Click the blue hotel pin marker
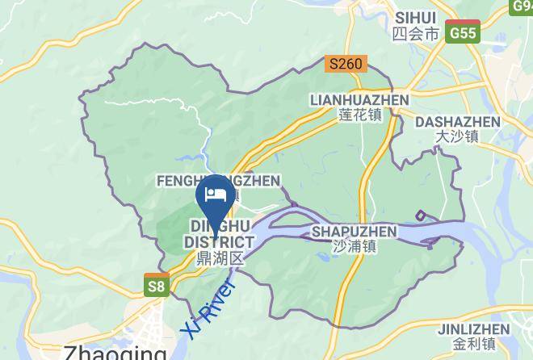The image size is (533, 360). pyautogui.click(x=216, y=196)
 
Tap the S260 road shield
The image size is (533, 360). pyautogui.click(x=347, y=64)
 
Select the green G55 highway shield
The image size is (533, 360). pyautogui.click(x=464, y=33)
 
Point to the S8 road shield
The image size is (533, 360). pyautogui.click(x=157, y=285)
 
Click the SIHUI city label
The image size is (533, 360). pyautogui.click(x=416, y=17)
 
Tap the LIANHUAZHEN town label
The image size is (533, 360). pyautogui.click(x=359, y=99)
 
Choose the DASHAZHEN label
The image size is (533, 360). pyautogui.click(x=456, y=122)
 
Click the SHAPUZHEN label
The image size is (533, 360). pyautogui.click(x=354, y=232)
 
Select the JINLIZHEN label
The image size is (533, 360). pyautogui.click(x=473, y=329)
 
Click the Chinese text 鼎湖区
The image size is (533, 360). pyautogui.click(x=220, y=258)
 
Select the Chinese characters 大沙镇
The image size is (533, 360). pyautogui.click(x=456, y=137)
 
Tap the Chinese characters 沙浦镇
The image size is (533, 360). pyautogui.click(x=354, y=247)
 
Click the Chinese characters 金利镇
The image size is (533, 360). pyautogui.click(x=473, y=345)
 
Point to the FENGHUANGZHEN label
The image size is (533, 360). pyautogui.click(x=218, y=181)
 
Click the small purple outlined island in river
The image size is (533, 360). pyautogui.click(x=421, y=215)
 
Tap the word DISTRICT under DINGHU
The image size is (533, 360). pyautogui.click(x=219, y=242)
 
